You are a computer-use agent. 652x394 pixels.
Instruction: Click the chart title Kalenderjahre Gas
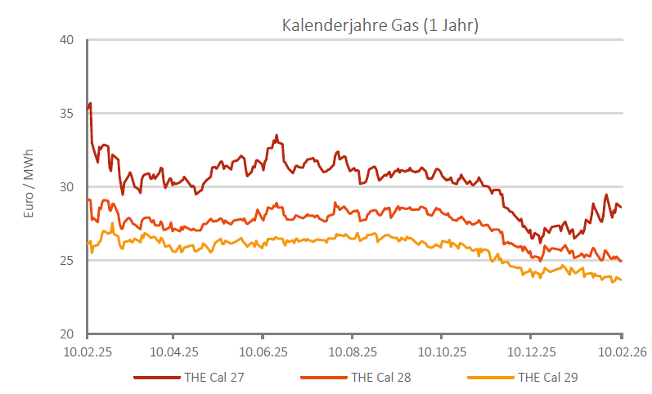coord(380,25)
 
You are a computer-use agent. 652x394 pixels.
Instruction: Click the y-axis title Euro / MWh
coord(29,187)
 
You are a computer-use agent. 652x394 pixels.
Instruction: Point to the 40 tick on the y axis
coord(68,40)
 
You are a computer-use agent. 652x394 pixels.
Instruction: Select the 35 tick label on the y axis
coord(68,114)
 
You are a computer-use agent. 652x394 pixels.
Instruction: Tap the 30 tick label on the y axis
coord(68,187)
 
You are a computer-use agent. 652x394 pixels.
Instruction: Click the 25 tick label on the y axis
coord(68,261)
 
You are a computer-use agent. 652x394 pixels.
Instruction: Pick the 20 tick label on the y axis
coord(68,334)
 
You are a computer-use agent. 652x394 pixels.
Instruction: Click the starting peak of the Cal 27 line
coord(90,104)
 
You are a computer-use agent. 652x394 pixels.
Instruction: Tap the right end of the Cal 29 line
coord(621,280)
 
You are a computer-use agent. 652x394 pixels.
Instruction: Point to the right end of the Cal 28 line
coord(621,262)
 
